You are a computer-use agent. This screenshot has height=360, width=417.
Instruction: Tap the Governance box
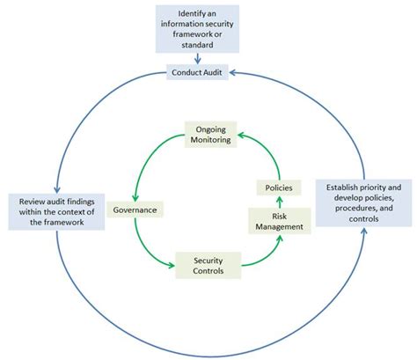135,211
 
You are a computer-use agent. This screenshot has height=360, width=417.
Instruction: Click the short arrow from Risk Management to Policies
279,202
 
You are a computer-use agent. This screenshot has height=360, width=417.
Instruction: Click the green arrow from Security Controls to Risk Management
262,253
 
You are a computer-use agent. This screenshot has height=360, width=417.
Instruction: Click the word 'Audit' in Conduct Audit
223,74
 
